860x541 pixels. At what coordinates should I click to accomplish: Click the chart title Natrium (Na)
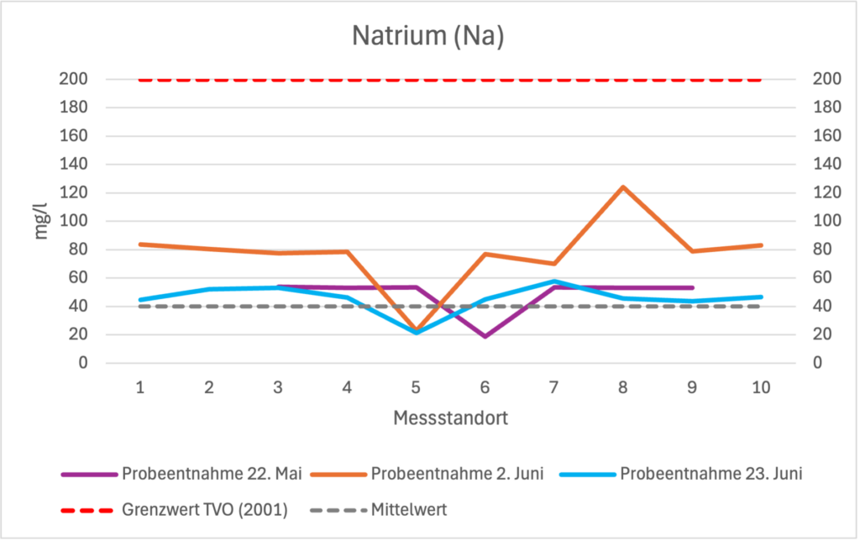(x=429, y=36)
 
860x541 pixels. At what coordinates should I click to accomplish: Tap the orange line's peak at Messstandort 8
(x=623, y=186)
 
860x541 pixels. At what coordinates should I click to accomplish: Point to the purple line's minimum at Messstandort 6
(x=485, y=336)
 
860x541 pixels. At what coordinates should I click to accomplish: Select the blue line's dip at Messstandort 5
(x=416, y=333)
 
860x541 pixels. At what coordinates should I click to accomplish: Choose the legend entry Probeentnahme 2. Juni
(x=457, y=474)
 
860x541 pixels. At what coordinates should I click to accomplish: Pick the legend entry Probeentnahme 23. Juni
(x=711, y=474)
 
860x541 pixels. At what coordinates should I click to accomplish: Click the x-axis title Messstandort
(x=450, y=418)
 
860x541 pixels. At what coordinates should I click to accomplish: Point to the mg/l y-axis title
(x=41, y=221)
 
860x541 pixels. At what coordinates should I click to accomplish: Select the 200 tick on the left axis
(x=74, y=80)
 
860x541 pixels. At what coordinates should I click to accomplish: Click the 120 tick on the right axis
(x=826, y=193)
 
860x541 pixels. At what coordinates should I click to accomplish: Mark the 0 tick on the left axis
(x=82, y=363)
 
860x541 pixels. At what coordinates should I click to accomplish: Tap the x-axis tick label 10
(x=761, y=388)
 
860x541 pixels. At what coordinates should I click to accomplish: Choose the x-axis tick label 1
(x=139, y=388)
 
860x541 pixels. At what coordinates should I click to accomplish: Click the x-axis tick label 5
(x=416, y=388)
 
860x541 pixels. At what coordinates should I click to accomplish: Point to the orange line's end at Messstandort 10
(x=761, y=245)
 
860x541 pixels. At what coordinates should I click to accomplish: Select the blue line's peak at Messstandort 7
(x=554, y=281)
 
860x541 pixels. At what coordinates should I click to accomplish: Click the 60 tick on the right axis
(x=822, y=278)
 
